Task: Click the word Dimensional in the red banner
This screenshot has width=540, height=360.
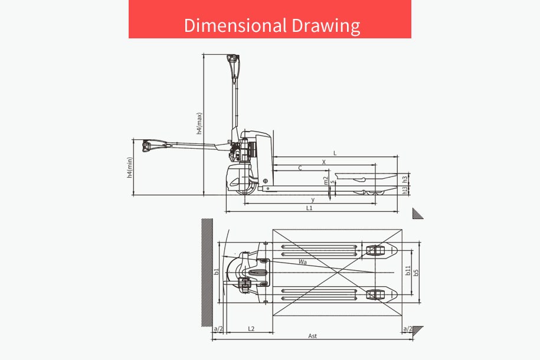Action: pyautogui.click(x=235, y=25)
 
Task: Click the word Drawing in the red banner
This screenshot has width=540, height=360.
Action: pyautogui.click(x=326, y=26)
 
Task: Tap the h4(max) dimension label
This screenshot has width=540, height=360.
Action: pyautogui.click(x=199, y=123)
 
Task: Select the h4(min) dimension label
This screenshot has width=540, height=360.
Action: pyautogui.click(x=129, y=168)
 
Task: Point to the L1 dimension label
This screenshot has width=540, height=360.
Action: pyautogui.click(x=309, y=208)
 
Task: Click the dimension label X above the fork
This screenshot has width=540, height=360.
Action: pyautogui.click(x=324, y=162)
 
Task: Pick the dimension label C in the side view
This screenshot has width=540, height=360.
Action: pyautogui.click(x=300, y=168)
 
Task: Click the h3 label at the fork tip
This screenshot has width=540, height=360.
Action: pyautogui.click(x=405, y=179)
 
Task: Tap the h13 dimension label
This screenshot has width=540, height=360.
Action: pyautogui.click(x=405, y=190)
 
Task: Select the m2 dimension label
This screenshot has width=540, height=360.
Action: pyautogui.click(x=326, y=181)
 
